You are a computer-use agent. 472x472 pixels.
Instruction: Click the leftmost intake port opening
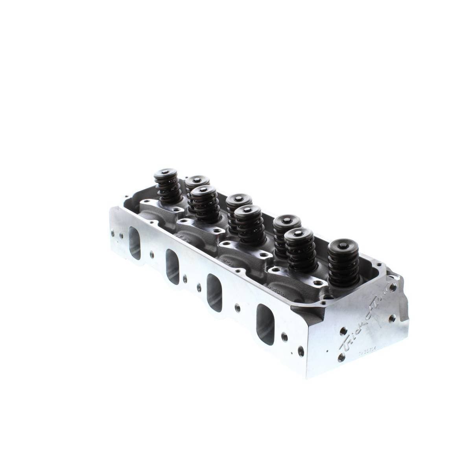(134, 243)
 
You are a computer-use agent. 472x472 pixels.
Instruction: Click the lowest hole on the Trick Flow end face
(341, 356)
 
